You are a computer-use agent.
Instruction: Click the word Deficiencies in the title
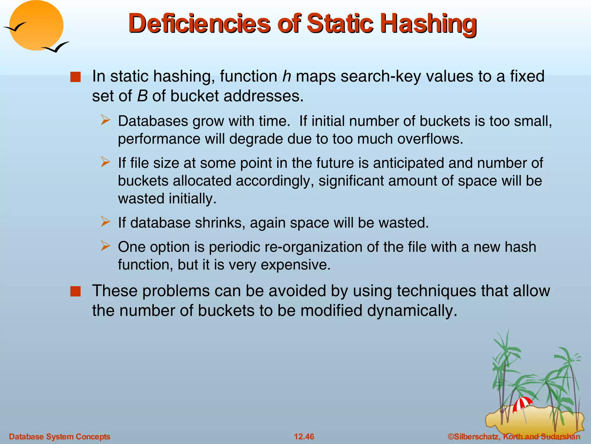coord(199,24)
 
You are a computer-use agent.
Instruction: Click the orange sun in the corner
coord(36,25)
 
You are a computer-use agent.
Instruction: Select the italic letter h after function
coord(286,76)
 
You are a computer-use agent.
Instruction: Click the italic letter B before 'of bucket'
coord(142,96)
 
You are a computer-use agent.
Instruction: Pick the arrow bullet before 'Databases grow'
coord(106,120)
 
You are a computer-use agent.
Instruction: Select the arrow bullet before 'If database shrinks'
coord(106,222)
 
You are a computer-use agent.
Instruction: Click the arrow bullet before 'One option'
coord(106,246)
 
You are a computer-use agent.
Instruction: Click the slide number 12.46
coord(304,436)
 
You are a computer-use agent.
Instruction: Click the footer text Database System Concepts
coord(60,436)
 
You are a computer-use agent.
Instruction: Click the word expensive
coord(295,265)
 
